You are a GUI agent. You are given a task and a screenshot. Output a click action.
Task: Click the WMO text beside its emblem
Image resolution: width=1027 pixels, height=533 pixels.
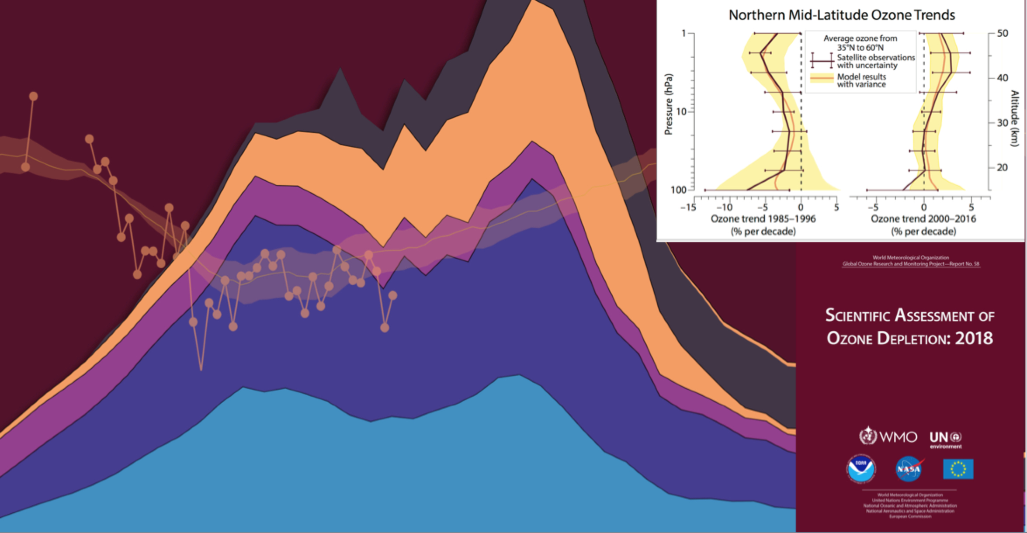898,436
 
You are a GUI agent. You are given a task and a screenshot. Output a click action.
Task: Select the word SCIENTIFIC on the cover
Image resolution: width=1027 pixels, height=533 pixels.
857,315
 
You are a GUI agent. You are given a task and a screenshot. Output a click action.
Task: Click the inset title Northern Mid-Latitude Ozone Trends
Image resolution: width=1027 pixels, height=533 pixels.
842,15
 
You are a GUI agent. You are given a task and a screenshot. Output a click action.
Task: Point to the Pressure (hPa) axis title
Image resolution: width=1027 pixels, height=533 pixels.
669,105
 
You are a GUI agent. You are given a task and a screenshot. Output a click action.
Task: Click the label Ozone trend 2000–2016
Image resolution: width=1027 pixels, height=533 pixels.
923,218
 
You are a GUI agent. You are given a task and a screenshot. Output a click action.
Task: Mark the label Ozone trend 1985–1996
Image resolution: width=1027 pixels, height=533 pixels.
763,218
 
